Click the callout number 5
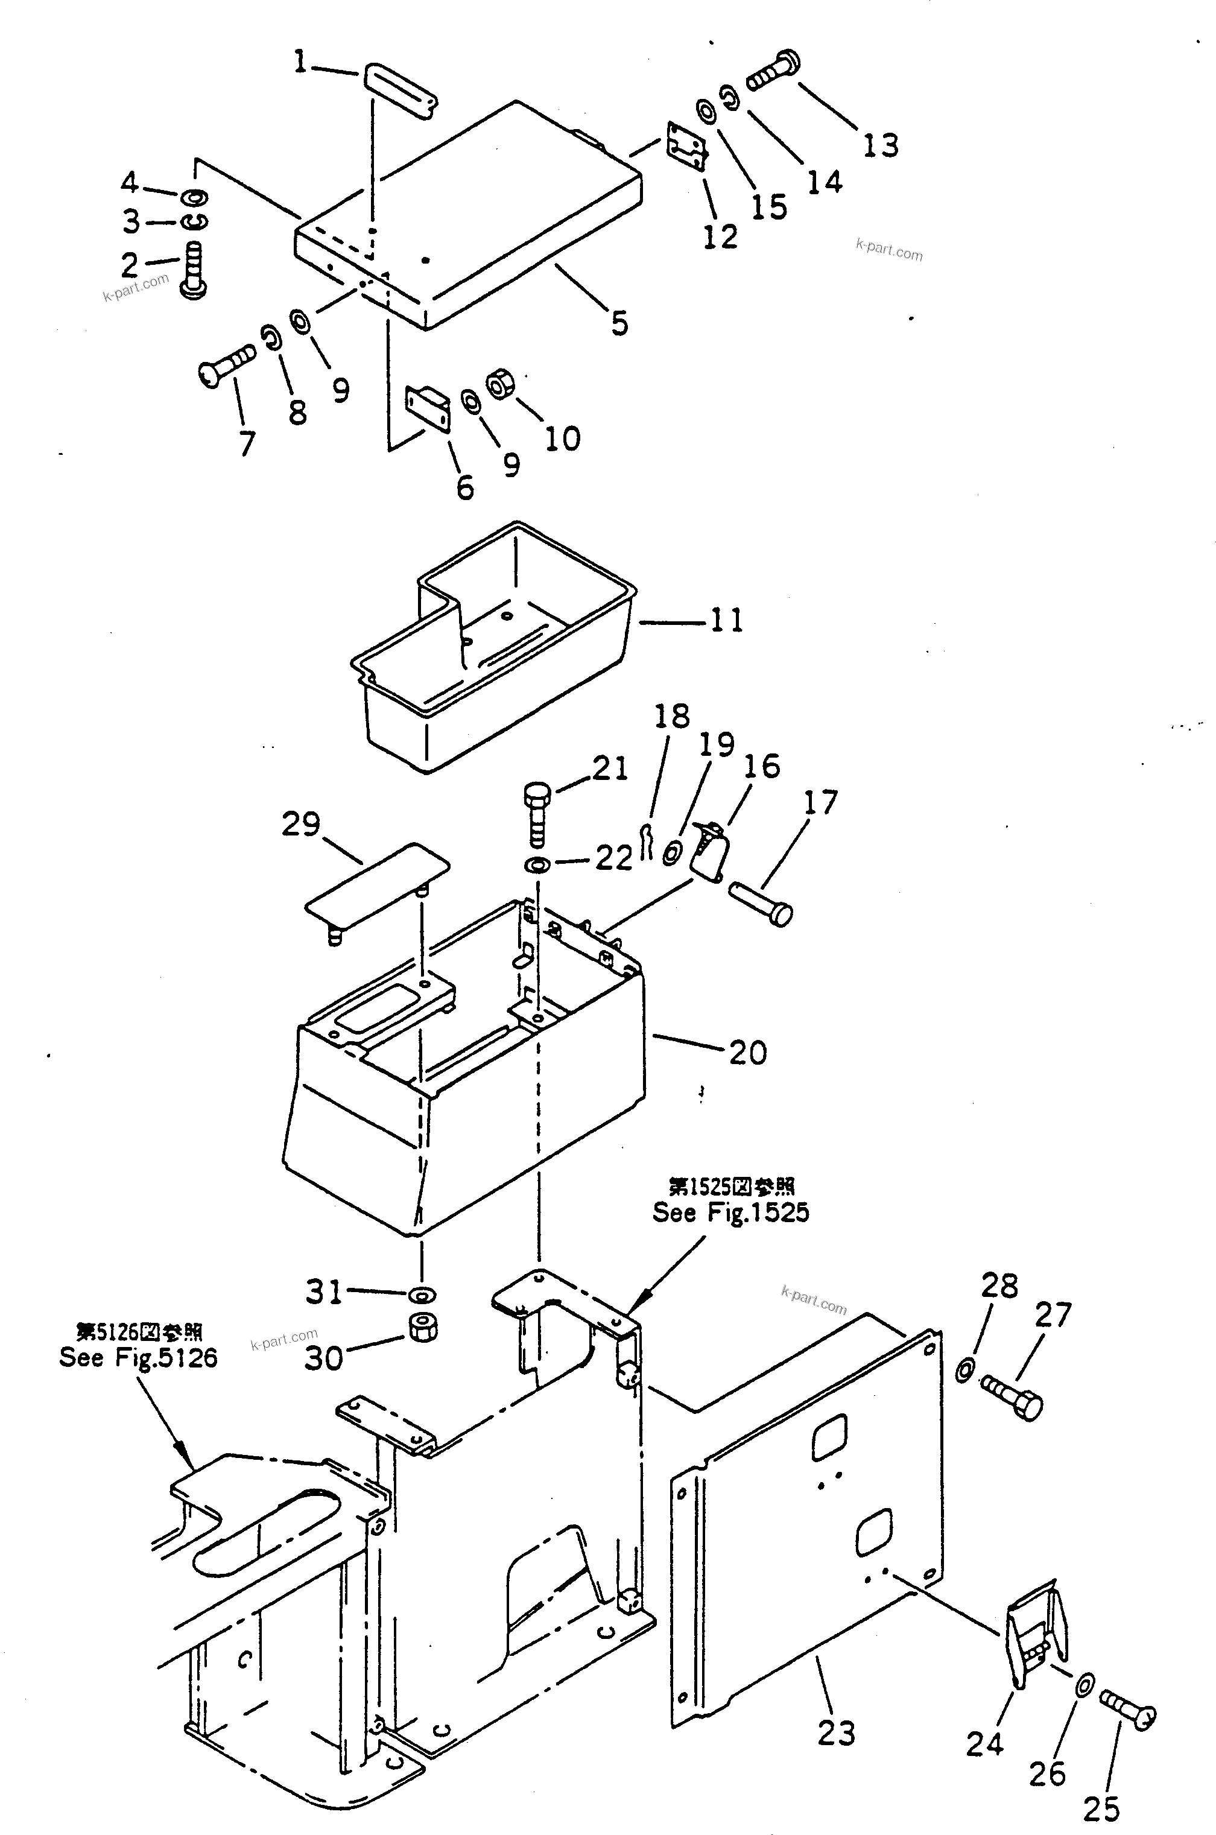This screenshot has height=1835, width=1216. tap(619, 323)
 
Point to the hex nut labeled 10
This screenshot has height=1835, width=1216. tap(497, 384)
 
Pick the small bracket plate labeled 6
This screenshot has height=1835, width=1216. tap(427, 408)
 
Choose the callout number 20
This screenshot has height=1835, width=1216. tap(747, 1053)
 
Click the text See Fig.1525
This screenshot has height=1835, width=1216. tap(730, 1212)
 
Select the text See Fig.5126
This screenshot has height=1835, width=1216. tap(138, 1357)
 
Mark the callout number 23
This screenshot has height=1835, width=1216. tap(835, 1732)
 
